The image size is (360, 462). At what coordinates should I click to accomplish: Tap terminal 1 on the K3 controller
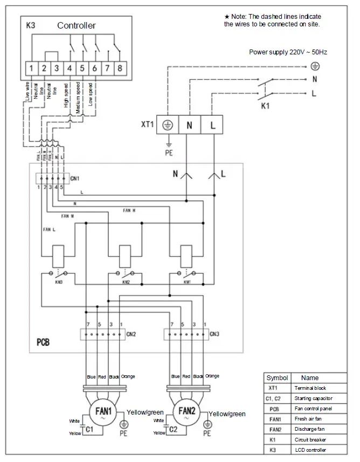pyautogui.click(x=32, y=68)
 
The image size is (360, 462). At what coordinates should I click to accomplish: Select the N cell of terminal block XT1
pyautogui.click(x=190, y=125)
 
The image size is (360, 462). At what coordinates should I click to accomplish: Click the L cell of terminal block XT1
pyautogui.click(x=212, y=125)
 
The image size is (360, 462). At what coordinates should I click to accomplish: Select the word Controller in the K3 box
pyautogui.click(x=77, y=25)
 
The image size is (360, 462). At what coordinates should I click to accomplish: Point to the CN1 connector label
pyautogui.click(x=74, y=178)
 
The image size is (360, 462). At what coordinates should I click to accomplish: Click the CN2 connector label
pyautogui.click(x=131, y=334)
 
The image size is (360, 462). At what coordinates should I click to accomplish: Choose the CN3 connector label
pyautogui.click(x=214, y=334)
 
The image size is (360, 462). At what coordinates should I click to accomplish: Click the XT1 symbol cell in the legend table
pyautogui.click(x=273, y=388)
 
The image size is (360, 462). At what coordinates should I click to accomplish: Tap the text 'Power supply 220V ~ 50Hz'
pyautogui.click(x=288, y=52)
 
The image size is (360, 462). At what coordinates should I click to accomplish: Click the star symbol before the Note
pyautogui.click(x=227, y=17)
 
